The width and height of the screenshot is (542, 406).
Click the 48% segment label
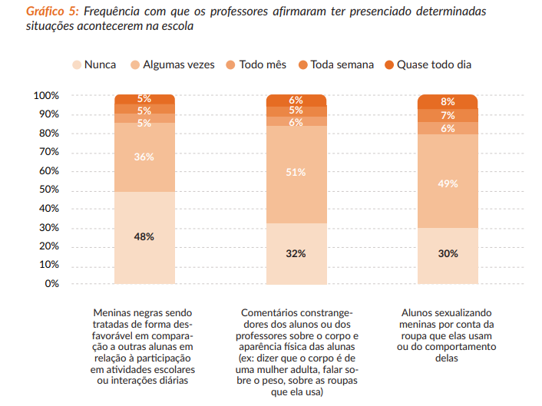[144, 236]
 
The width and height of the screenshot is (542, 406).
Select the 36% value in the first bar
[144, 157]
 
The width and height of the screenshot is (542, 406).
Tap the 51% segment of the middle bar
[296, 172]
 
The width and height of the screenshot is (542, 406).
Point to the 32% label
[296, 253]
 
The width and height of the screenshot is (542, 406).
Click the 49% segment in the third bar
[448, 183]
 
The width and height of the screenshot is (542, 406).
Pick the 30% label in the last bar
[448, 253]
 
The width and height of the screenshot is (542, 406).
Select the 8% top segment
[448, 101]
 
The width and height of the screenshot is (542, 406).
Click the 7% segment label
[448, 115]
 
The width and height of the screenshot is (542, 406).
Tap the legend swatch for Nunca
[76, 64]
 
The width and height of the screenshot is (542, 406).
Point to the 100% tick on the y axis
[46, 96]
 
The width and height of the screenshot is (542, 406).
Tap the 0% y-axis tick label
[51, 283]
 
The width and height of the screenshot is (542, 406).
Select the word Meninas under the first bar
[114, 313]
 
